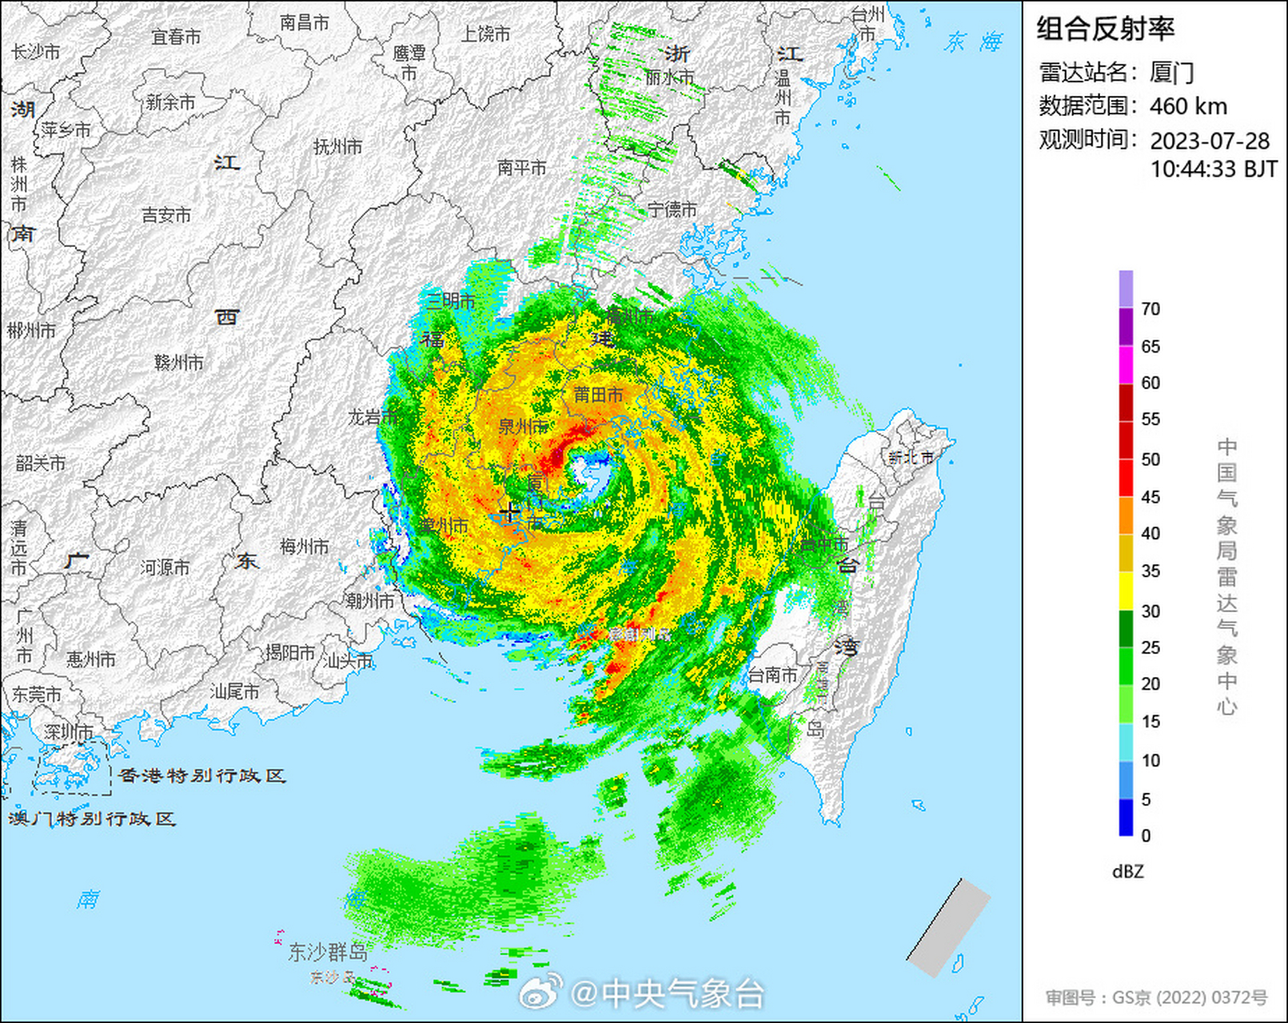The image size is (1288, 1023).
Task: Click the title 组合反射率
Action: click(x=1105, y=30)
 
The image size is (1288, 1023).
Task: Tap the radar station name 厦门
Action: click(x=1171, y=73)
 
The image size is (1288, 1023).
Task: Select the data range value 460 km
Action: click(x=1188, y=106)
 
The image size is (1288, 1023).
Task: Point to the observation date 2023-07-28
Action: click(x=1210, y=141)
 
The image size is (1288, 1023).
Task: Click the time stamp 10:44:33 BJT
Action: click(x=1214, y=169)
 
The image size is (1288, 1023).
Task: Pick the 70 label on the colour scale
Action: click(x=1150, y=309)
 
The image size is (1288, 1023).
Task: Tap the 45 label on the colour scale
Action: click(x=1150, y=497)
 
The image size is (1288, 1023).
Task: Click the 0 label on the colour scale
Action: click(x=1146, y=836)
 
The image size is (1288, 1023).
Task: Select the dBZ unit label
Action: click(x=1127, y=872)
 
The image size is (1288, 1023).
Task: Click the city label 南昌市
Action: click(x=304, y=23)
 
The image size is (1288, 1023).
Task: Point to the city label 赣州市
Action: click(x=179, y=363)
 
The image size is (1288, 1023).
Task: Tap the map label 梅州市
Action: click(x=304, y=547)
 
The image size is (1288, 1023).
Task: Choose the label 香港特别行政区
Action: click(x=201, y=775)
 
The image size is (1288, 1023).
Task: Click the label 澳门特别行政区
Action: click(x=92, y=818)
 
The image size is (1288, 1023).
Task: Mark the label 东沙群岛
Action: click(x=328, y=952)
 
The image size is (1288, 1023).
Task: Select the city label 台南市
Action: click(x=772, y=675)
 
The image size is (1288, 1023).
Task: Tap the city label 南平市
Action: click(x=521, y=168)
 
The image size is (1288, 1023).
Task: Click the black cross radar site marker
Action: click(x=509, y=511)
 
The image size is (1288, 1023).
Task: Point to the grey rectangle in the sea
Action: click(x=949, y=927)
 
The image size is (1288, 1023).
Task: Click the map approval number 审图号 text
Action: click(x=1156, y=997)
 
